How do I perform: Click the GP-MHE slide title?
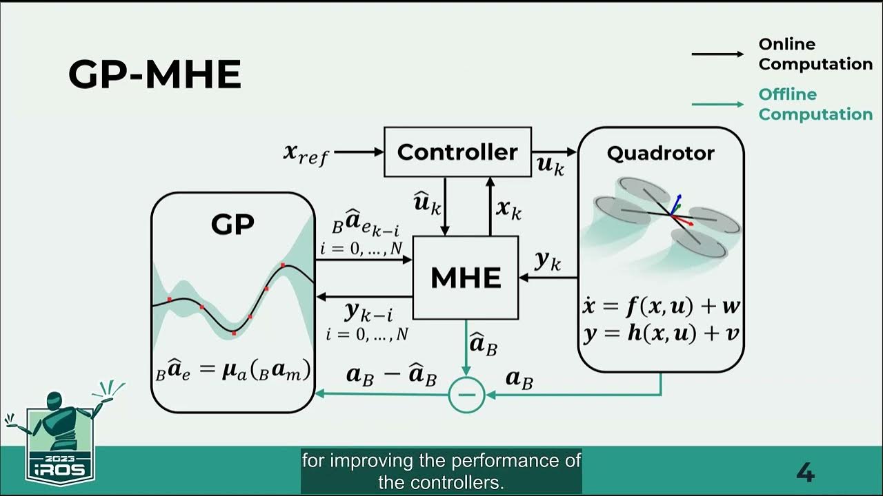pos(155,75)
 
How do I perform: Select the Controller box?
pos(457,152)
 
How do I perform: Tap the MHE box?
pos(466,278)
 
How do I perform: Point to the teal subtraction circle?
pos(466,395)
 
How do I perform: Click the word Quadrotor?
pos(660,153)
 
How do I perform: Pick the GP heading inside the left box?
pos(232,224)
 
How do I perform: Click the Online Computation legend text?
pos(815,54)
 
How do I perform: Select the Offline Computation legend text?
pos(815,104)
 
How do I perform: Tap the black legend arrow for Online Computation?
pos(717,54)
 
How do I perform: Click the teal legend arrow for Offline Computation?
pos(717,104)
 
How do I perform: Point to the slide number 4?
pos(805,473)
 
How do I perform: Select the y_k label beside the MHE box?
pos(548,262)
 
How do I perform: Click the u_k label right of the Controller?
pos(550,165)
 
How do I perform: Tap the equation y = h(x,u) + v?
pos(661,334)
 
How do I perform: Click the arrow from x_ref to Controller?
pos(358,152)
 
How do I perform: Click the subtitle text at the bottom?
pos(441,471)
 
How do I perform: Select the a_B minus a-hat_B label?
pos(391,376)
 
